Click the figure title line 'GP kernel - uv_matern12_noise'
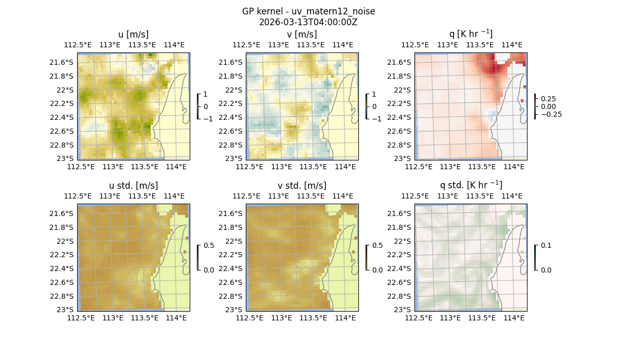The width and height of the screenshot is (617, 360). (x=308, y=11)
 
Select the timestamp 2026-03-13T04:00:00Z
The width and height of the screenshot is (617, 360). (x=308, y=22)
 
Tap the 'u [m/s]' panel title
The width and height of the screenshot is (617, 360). (x=134, y=34)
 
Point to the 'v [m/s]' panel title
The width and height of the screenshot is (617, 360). (x=302, y=34)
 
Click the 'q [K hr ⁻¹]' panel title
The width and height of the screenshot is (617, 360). (x=470, y=34)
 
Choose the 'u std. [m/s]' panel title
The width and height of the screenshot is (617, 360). (x=134, y=186)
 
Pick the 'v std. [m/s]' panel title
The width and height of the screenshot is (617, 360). (x=302, y=186)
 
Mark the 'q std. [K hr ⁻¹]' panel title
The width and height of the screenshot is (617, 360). (x=470, y=186)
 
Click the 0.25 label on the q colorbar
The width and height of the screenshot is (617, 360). (x=548, y=99)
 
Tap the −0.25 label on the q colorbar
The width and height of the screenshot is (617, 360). (x=551, y=114)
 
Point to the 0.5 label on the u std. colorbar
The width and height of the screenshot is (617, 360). (x=209, y=246)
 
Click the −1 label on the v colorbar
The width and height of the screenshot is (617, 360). (x=377, y=118)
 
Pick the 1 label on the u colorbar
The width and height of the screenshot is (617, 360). (x=206, y=95)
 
